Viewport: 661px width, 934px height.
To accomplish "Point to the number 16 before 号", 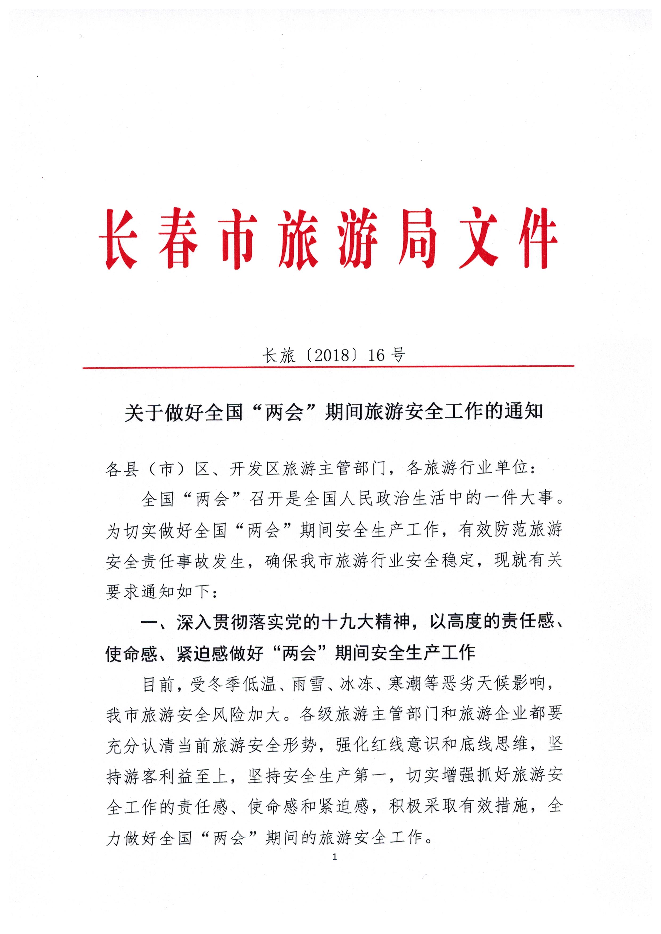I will point(377,356).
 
